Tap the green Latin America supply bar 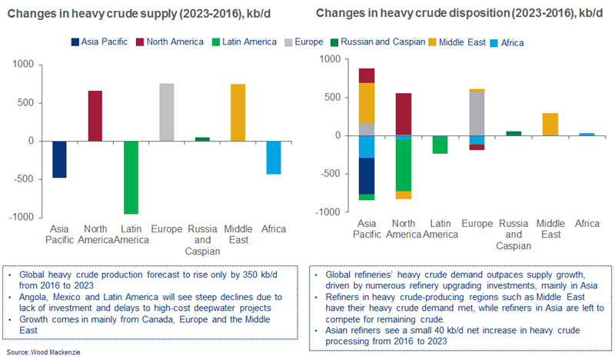(131, 177)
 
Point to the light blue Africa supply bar (274, 157)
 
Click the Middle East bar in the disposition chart (550, 125)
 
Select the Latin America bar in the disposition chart (439, 145)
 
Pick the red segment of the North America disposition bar (402, 114)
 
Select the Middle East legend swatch (435, 42)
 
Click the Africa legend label (512, 42)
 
